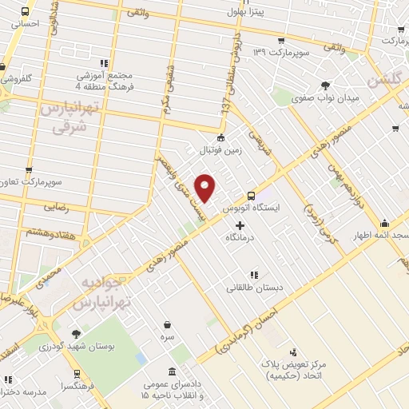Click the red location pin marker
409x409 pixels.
[206, 188]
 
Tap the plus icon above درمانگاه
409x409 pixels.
[240, 226]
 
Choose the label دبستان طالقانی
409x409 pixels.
[252, 287]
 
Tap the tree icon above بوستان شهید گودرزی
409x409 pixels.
[76, 334]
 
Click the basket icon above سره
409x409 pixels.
[167, 325]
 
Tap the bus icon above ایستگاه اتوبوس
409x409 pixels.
[252, 195]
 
